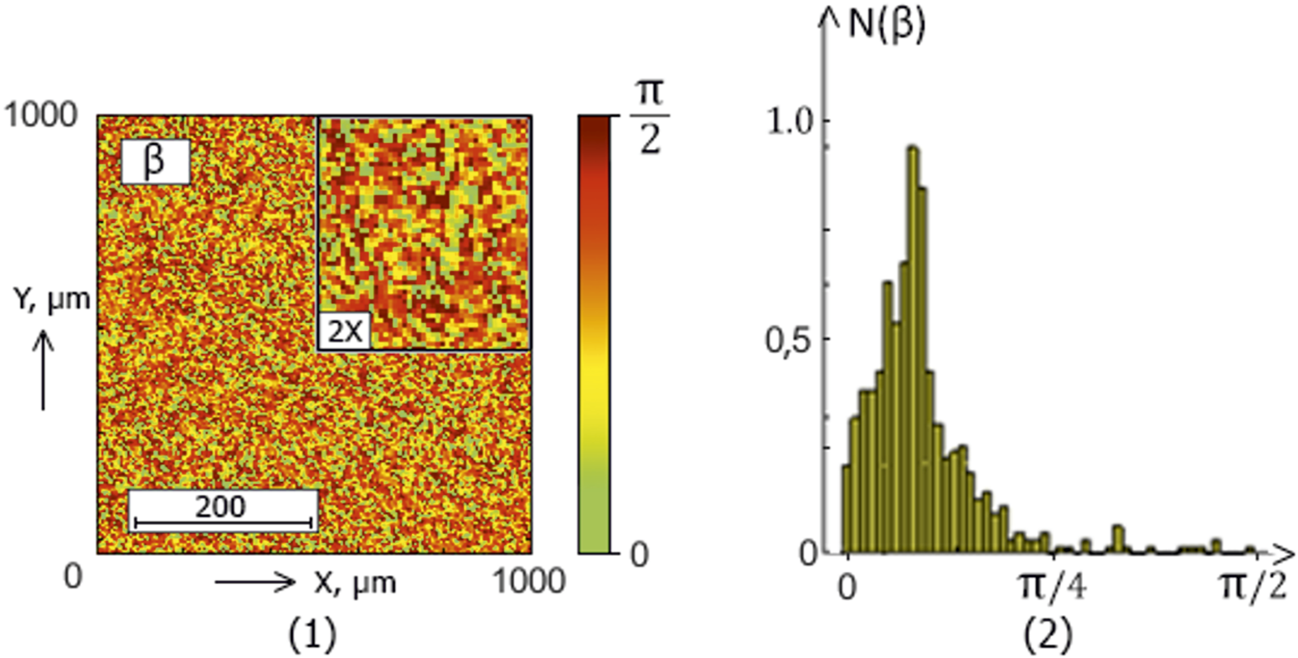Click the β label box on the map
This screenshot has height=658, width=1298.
155,161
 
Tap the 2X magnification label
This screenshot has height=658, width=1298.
344,331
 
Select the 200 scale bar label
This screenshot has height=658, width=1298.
221,508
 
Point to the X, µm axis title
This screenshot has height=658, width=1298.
355,582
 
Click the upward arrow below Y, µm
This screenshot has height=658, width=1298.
43,369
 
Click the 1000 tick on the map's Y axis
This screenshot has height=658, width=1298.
41,115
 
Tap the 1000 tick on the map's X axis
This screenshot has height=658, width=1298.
529,582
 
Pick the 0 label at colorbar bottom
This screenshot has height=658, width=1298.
639,555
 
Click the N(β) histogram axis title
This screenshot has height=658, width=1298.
886,25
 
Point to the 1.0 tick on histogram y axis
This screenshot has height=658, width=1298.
789,122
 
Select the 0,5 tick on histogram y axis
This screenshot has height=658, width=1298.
788,340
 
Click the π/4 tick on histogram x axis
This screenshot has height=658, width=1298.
1051,585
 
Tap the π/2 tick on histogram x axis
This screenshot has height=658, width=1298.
1253,585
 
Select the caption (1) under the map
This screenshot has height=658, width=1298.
312,634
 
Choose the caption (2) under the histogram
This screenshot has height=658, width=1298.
1048,634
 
